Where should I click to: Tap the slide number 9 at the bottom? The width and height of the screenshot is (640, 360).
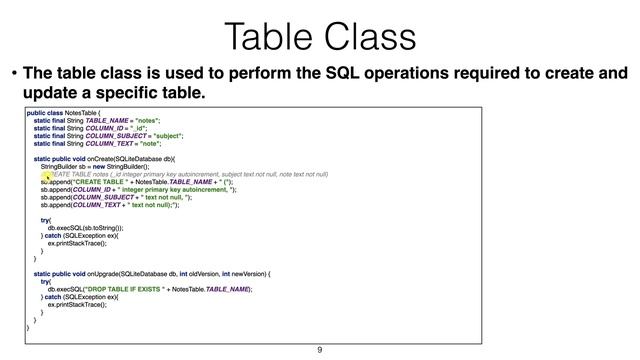click(320, 350)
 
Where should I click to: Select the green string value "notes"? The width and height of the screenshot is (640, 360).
click(147, 124)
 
